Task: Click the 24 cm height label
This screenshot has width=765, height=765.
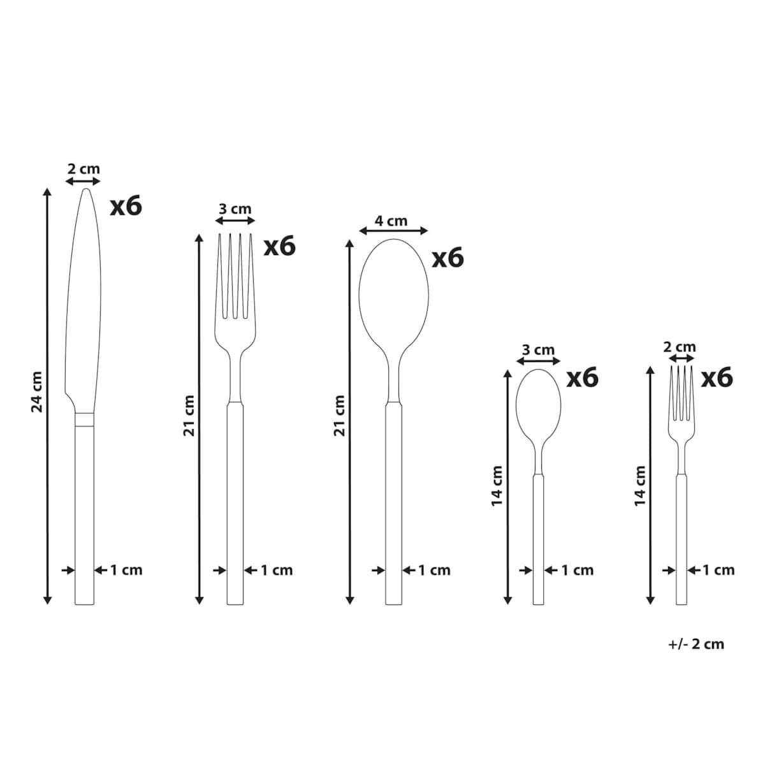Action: click(x=36, y=392)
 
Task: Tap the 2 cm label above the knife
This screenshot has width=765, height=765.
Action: click(x=84, y=169)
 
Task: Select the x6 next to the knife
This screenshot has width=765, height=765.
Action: click(x=126, y=206)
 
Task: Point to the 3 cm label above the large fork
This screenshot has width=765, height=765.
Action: click(x=235, y=208)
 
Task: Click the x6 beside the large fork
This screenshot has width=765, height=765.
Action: click(x=279, y=246)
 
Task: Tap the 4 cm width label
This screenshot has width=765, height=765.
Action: click(x=391, y=221)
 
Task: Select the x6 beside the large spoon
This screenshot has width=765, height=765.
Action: click(x=448, y=258)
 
